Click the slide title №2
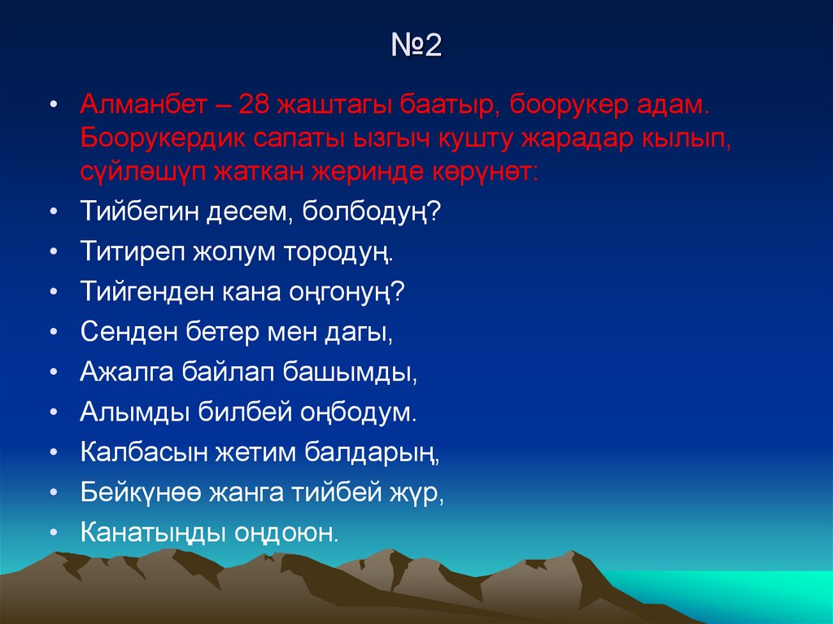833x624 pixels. click(x=416, y=46)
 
